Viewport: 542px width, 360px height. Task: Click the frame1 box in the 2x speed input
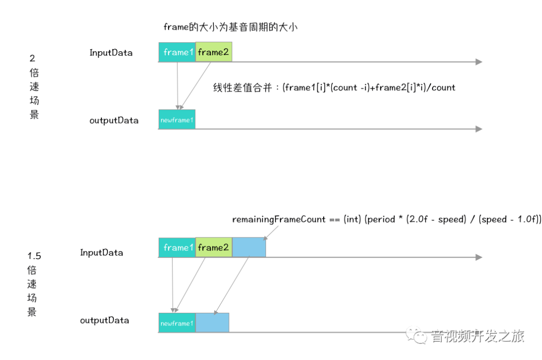click(177, 52)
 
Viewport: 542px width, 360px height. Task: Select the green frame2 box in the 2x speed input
click(214, 52)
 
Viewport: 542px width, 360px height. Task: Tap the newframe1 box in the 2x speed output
click(177, 119)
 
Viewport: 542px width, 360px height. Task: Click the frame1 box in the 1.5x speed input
click(177, 248)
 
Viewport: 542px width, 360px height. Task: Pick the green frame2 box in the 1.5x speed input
click(214, 248)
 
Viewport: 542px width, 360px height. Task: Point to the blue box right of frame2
click(249, 248)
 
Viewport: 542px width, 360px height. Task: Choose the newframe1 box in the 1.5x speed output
click(177, 323)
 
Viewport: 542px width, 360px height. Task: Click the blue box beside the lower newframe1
click(212, 323)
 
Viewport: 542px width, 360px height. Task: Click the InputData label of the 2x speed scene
click(111, 53)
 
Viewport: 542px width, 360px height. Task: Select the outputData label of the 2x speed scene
click(114, 121)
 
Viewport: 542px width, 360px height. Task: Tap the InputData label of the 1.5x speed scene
click(101, 253)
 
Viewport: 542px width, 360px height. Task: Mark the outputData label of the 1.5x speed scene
click(104, 320)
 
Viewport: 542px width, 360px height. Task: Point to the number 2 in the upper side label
click(33, 59)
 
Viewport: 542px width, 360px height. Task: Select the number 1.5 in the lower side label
click(34, 256)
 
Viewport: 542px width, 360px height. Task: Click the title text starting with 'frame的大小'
click(230, 27)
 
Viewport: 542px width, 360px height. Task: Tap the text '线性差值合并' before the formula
click(244, 88)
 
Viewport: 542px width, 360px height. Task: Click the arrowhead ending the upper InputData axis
click(479, 62)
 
